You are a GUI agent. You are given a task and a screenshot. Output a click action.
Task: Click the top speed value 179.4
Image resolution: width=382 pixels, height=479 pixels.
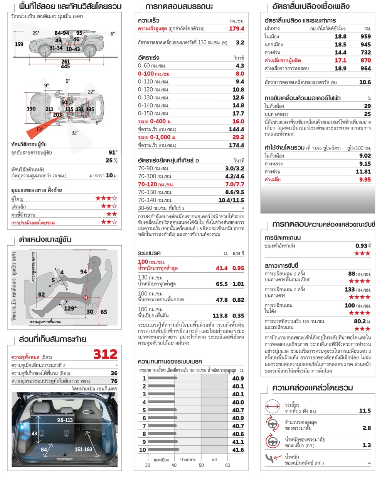(x=236, y=29)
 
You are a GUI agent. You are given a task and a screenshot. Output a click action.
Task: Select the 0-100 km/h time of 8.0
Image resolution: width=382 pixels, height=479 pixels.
(x=240, y=73)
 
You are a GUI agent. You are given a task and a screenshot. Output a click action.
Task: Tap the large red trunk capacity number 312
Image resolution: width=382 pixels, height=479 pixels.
(x=105, y=354)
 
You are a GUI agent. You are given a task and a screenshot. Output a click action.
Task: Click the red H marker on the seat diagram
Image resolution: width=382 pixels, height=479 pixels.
(x=86, y=298)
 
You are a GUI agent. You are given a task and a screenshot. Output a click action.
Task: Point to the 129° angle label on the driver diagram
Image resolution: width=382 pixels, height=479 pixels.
(x=70, y=308)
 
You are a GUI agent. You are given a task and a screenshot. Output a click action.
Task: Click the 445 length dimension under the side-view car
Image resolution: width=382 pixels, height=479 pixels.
(x=66, y=66)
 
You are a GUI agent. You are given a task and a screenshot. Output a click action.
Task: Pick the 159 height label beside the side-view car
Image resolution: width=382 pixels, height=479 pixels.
(x=19, y=44)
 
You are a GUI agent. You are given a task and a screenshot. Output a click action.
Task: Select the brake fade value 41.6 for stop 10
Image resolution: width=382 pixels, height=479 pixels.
(x=238, y=450)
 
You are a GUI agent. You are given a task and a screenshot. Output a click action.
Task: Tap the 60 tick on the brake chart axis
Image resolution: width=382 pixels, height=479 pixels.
(x=228, y=465)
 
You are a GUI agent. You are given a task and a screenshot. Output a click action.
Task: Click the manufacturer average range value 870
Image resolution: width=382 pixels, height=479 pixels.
(x=365, y=60)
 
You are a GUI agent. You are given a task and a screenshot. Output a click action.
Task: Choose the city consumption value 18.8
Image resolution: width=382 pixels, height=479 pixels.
(x=340, y=36)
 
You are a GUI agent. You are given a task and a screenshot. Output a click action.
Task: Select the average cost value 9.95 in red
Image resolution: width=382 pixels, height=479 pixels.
(x=365, y=180)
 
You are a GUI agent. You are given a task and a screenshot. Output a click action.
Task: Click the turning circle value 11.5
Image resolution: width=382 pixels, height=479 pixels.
(x=365, y=411)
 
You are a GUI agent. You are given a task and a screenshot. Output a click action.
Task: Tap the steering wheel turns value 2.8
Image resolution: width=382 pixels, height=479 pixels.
(x=367, y=428)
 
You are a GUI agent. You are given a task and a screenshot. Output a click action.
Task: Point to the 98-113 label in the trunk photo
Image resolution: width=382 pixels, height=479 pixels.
(x=65, y=420)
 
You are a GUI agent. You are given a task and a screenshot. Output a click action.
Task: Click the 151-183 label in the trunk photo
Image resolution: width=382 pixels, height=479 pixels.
(x=83, y=449)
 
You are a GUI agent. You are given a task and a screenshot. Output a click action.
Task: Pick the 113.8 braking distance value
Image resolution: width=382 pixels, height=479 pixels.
(x=220, y=316)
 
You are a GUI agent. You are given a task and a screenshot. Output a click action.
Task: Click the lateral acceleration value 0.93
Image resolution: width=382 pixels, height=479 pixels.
(x=361, y=246)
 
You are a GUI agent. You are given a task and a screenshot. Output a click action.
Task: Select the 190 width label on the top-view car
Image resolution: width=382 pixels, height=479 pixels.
(x=31, y=109)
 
